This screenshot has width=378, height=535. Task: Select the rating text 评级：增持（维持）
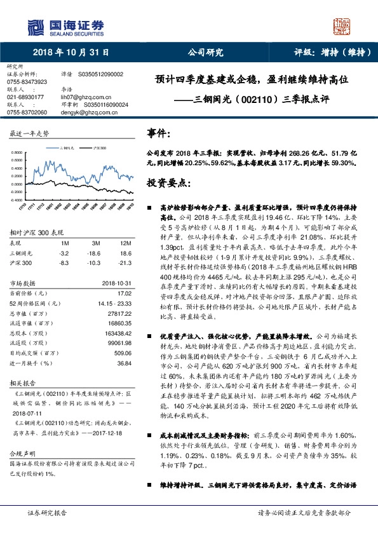[330, 53]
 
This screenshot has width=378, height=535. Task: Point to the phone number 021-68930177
[25, 96]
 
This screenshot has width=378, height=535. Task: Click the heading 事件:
[159, 135]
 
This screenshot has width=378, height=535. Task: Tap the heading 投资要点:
[168, 183]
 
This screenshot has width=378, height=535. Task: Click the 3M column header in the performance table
[96, 243]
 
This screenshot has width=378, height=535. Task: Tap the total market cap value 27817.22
[119, 313]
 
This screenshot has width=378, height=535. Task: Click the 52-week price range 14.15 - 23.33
[112, 304]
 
